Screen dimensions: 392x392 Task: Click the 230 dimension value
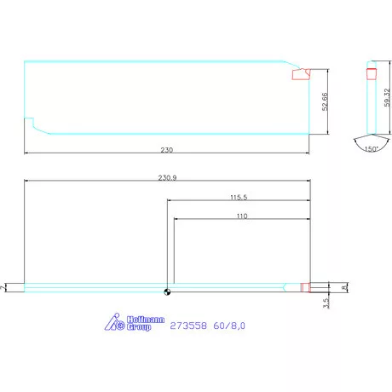click(167, 150)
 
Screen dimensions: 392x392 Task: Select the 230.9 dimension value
click(167, 177)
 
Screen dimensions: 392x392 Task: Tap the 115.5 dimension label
click(239, 197)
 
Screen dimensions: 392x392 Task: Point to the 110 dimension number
click(242, 216)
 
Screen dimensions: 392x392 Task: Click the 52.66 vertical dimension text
click(325, 101)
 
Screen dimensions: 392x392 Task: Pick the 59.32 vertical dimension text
click(387, 98)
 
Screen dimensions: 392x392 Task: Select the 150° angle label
click(372, 148)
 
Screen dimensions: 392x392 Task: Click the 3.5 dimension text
click(326, 303)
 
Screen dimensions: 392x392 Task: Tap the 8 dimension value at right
click(344, 288)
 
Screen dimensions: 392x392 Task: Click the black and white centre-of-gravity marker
click(167, 291)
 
